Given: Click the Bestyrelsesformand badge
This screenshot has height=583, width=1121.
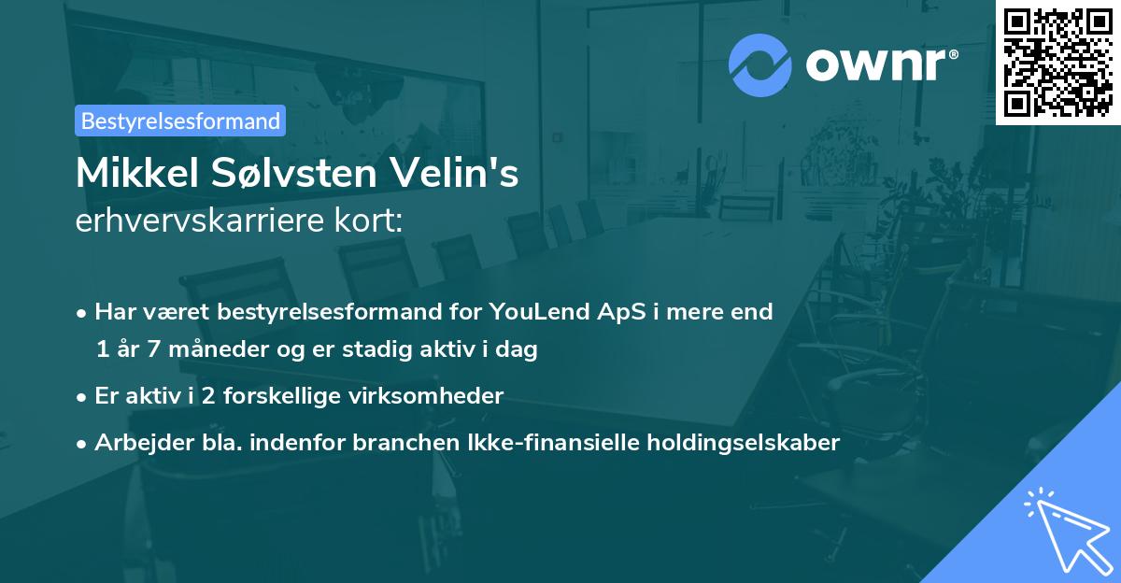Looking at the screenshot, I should (x=180, y=121).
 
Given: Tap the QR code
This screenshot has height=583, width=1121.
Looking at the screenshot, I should (x=1058, y=62).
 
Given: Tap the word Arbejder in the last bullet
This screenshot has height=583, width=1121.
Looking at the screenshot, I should (x=135, y=442).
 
